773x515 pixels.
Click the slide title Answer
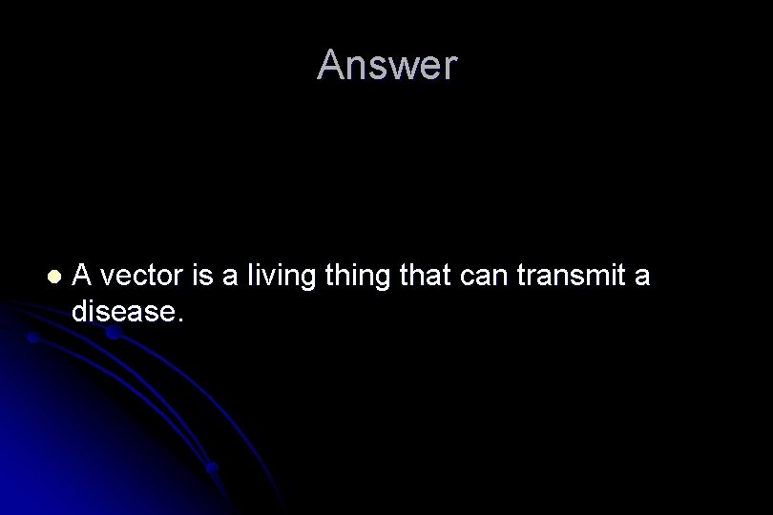tap(386, 66)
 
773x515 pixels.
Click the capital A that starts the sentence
tap(82, 276)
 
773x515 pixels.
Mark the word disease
tap(121, 311)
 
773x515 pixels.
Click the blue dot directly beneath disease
tap(114, 335)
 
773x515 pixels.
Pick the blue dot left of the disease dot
tap(32, 338)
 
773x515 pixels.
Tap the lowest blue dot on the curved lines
tap(211, 467)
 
